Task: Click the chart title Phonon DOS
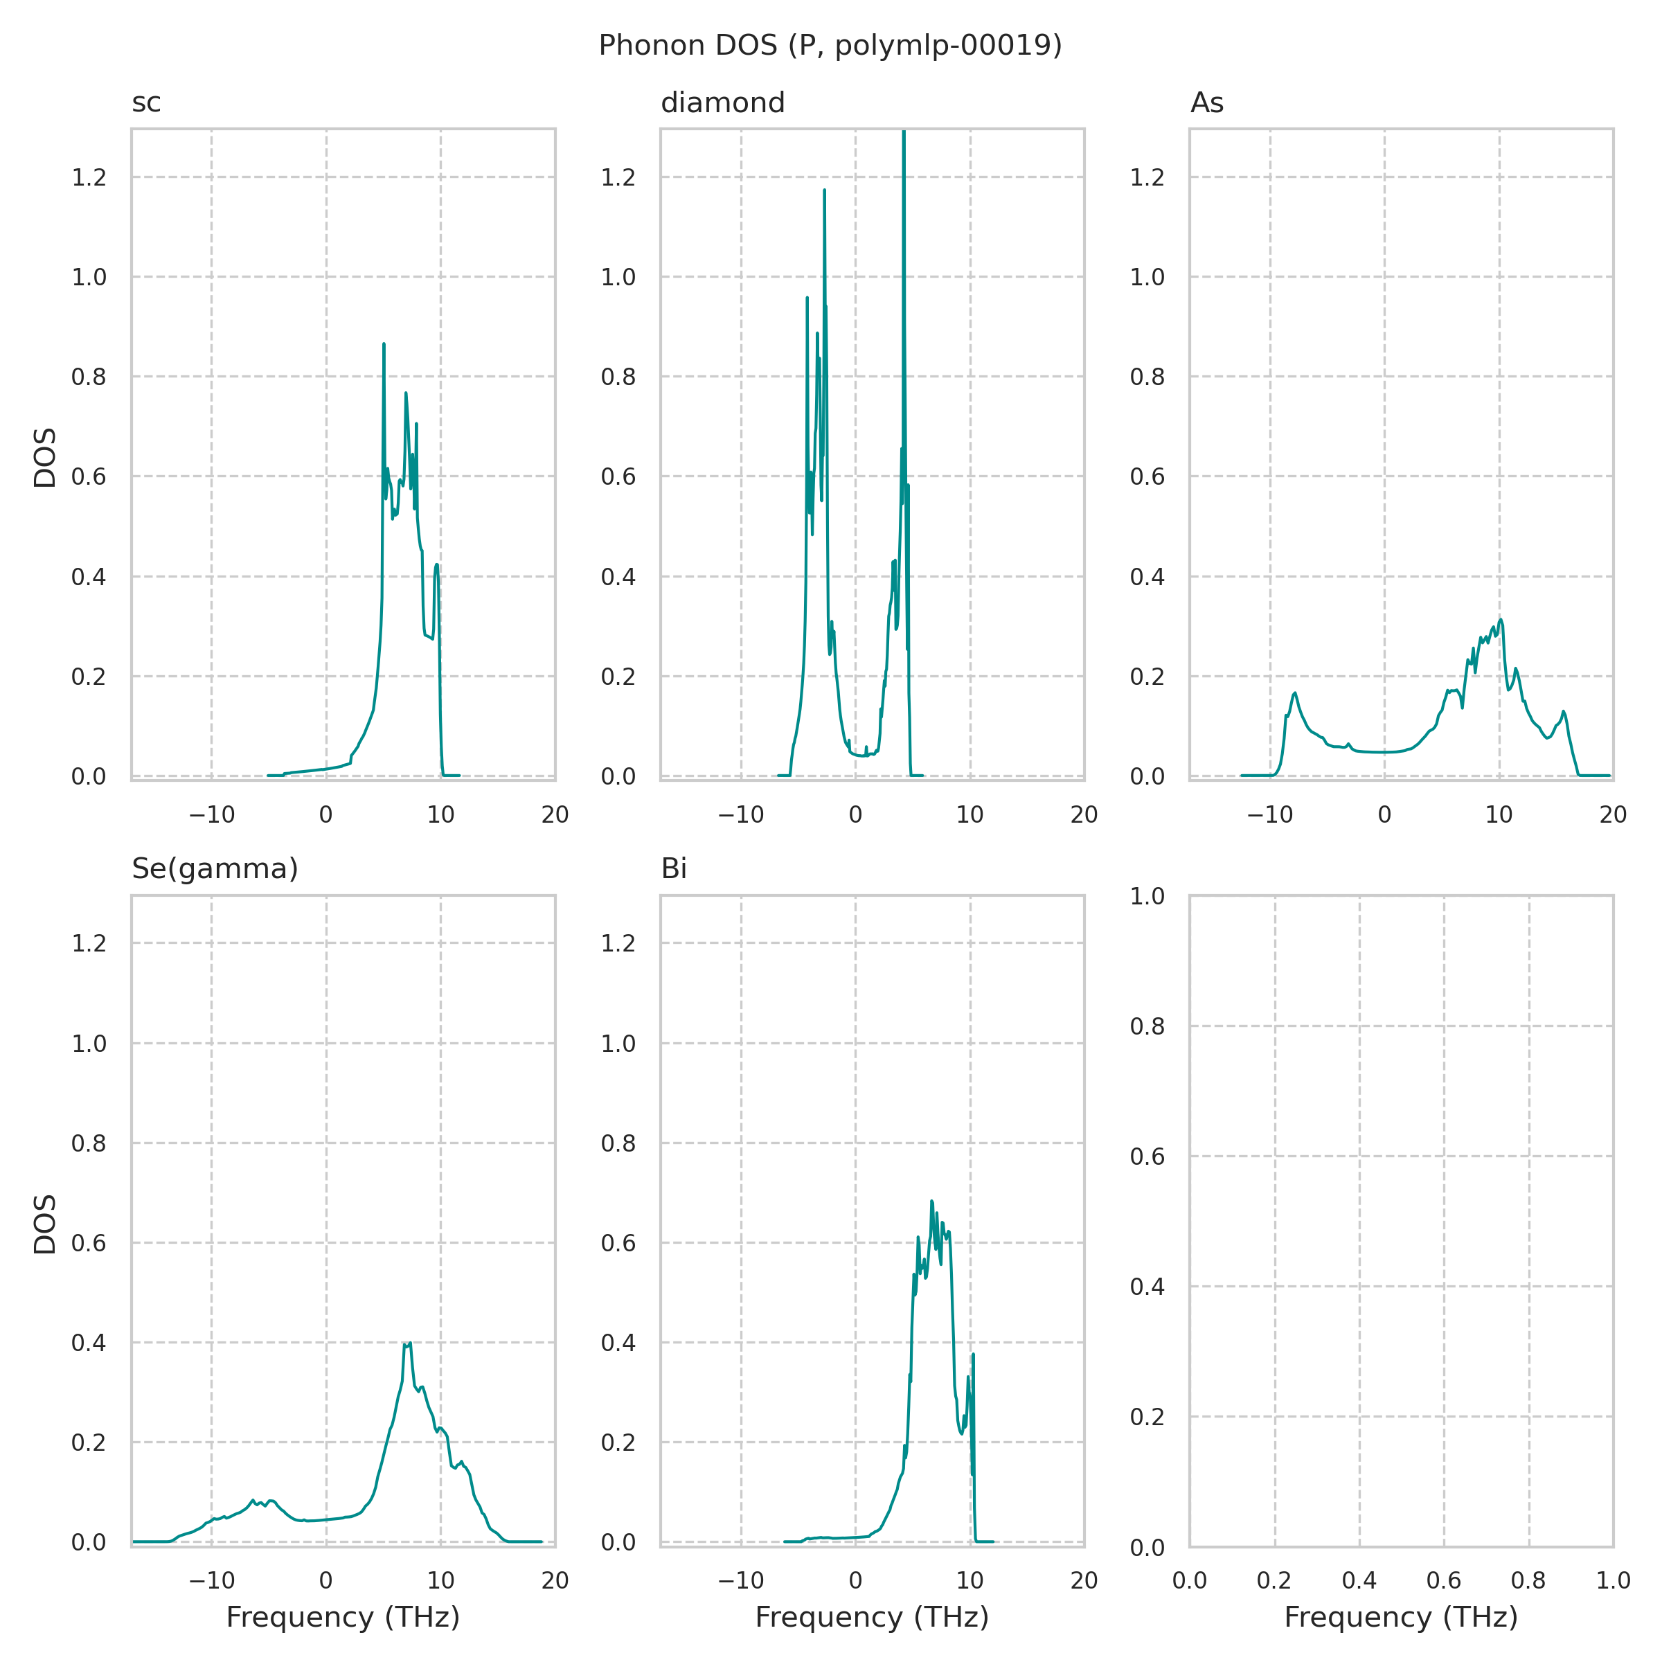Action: (x=830, y=46)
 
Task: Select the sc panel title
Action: (x=146, y=103)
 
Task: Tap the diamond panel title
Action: (x=722, y=103)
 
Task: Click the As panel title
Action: (x=1207, y=103)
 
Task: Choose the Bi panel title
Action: (x=674, y=870)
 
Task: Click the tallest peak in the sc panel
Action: (x=384, y=344)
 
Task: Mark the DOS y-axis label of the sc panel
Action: (x=45, y=457)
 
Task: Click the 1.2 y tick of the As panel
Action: (x=1147, y=178)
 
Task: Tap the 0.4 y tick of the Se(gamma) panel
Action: (x=89, y=1343)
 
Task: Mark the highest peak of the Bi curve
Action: (x=931, y=1201)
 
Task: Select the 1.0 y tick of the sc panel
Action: (x=89, y=278)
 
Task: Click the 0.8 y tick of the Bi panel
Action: (x=618, y=1144)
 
